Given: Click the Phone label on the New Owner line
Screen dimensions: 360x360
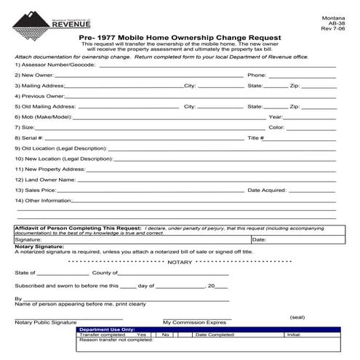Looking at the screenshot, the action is tap(257, 75).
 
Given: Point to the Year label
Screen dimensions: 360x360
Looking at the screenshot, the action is tap(276, 116).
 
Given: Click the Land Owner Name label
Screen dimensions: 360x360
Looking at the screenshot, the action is tap(45, 179).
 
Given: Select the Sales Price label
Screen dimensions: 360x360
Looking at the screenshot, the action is tap(39, 190).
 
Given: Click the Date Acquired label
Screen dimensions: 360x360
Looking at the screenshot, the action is tap(268, 190).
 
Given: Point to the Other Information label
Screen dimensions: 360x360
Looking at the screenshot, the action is tap(43, 200).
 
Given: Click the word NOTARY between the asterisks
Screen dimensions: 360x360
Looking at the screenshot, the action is tap(179, 260).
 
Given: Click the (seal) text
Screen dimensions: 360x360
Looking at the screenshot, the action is tap(297, 318).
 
